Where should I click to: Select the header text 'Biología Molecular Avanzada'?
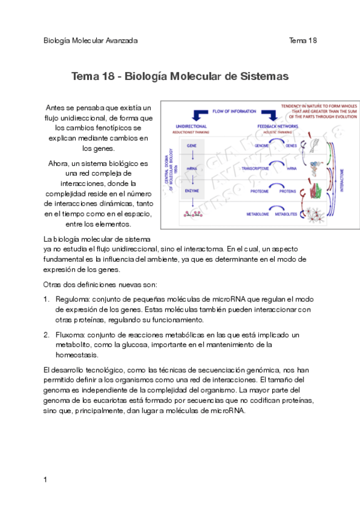(x=91, y=40)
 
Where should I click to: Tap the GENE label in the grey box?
(x=192, y=146)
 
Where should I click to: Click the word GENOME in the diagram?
(x=261, y=146)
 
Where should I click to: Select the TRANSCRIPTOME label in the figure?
(x=258, y=169)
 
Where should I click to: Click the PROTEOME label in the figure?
(x=259, y=191)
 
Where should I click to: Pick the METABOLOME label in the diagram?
(x=257, y=214)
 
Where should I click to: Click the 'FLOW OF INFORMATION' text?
(x=234, y=111)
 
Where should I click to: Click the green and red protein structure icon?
(x=314, y=191)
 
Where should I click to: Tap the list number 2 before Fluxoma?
(x=46, y=334)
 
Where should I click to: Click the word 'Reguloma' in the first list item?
(x=71, y=299)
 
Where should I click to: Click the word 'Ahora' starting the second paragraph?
(x=58, y=163)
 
